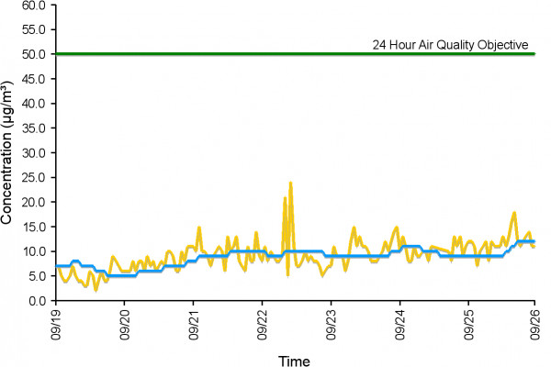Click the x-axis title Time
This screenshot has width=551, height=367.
pos(295,360)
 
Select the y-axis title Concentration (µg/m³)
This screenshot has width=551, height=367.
pos(8,151)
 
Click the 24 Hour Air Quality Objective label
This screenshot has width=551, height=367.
pos(449,43)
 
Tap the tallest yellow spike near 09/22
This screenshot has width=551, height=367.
pos(290,183)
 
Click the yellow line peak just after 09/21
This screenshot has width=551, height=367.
pos(198,228)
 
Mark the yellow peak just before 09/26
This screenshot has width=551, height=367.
pos(514,213)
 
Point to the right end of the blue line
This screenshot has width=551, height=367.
pos(534,241)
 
